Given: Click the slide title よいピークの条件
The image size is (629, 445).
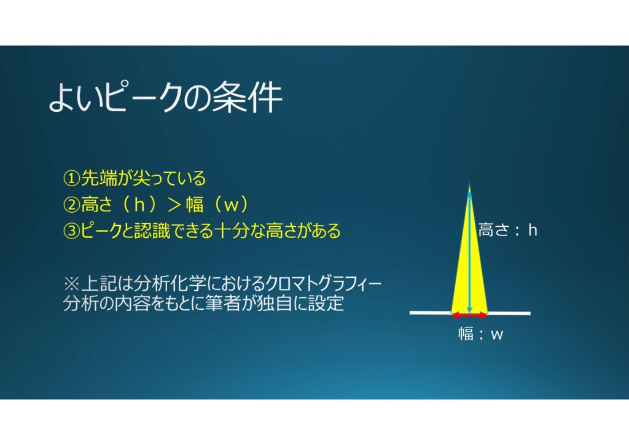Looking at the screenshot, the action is point(165,98).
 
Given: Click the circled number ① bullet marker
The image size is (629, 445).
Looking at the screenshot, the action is point(71,178).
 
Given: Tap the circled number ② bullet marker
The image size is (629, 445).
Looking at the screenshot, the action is point(71,205).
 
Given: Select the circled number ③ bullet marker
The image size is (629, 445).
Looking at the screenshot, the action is point(71,230).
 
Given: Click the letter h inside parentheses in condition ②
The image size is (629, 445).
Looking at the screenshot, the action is point(139,205).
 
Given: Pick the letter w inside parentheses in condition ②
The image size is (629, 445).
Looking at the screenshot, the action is point(231,205).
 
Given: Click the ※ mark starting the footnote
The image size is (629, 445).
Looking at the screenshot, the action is point(71,284).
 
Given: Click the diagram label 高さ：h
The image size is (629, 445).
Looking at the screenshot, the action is point(507,230).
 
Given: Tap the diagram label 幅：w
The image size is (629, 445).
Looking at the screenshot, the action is point(480,334).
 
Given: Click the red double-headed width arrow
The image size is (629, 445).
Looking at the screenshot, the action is point(469,316).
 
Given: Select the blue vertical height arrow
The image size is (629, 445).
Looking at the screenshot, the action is point(469,251).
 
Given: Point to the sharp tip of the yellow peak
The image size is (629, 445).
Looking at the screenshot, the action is point(469,184).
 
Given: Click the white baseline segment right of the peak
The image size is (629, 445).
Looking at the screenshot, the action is point(509,313).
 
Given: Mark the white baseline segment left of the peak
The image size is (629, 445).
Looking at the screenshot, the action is point(431,313).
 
